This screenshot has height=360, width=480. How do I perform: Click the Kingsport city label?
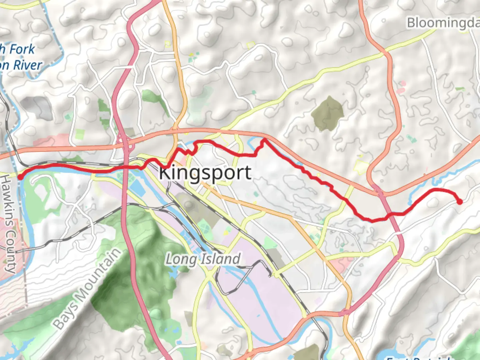pyautogui.click(x=205, y=173)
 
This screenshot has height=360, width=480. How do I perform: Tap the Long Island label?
pyautogui.click(x=203, y=259)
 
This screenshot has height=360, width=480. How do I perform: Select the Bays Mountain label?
pyautogui.click(x=87, y=289)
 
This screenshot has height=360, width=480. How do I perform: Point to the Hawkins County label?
pyautogui.click(x=9, y=223)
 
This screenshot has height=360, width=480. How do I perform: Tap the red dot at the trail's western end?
pyautogui.click(x=20, y=177)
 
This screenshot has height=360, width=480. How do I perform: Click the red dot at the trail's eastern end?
pyautogui.click(x=460, y=202)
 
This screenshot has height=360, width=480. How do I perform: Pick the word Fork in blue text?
pyautogui.click(x=21, y=49)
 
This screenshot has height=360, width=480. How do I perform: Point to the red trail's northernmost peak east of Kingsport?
pyautogui.click(x=265, y=140)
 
